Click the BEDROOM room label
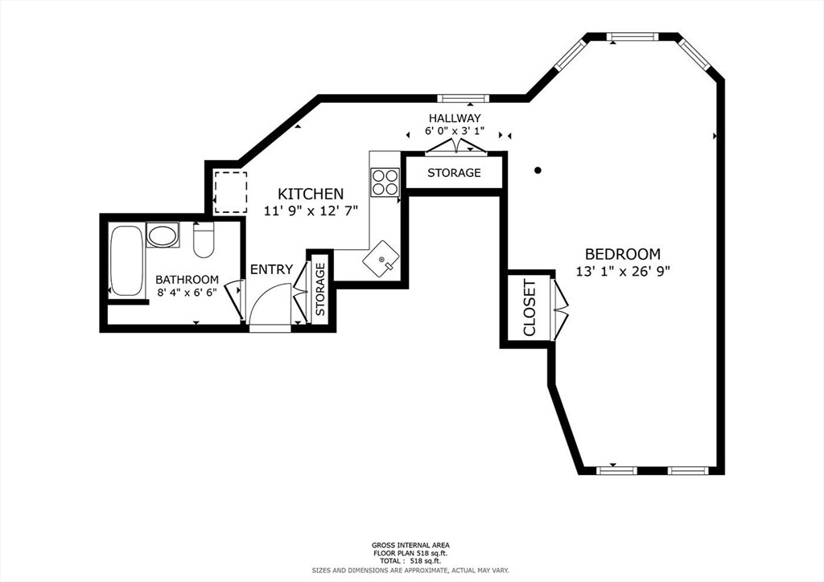[623, 254]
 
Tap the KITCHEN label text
[311, 194]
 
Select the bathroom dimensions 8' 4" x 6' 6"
[187, 293]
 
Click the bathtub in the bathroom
[126, 260]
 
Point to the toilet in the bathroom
[204, 240]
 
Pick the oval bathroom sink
[163, 235]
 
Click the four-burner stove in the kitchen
[385, 182]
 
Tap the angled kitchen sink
[381, 260]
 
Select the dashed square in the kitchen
[230, 192]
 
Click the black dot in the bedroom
[538, 170]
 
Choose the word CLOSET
[529, 308]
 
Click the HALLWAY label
[455, 118]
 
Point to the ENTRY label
[271, 270]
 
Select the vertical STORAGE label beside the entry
[320, 289]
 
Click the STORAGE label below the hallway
[454, 173]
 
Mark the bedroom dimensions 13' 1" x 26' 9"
[623, 272]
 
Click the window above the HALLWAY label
[463, 98]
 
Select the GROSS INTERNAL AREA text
[410, 545]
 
